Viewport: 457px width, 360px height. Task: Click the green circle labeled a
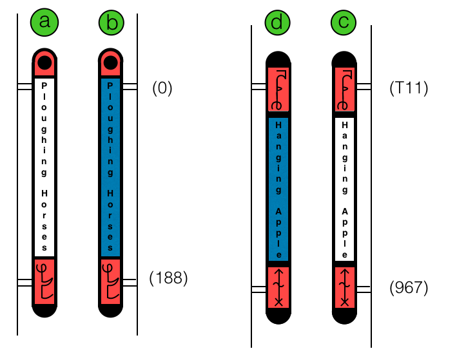44,22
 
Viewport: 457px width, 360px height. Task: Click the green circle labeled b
112,23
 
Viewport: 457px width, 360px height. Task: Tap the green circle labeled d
277,23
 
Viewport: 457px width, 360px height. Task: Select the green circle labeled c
344,23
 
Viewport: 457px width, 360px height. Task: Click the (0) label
162,88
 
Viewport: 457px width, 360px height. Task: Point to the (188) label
168,278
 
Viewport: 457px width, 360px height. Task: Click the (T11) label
409,88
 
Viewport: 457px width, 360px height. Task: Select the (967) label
409,288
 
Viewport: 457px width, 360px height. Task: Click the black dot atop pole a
44,62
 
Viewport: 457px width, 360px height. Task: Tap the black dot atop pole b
111,62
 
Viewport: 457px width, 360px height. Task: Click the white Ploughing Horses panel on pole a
44,167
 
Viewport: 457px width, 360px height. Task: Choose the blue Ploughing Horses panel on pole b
111,167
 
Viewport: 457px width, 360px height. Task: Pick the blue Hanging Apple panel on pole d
278,188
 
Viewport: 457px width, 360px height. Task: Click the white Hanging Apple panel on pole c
345,188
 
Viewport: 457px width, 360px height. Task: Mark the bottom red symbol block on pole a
44,281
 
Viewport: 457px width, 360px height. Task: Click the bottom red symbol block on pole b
111,281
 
